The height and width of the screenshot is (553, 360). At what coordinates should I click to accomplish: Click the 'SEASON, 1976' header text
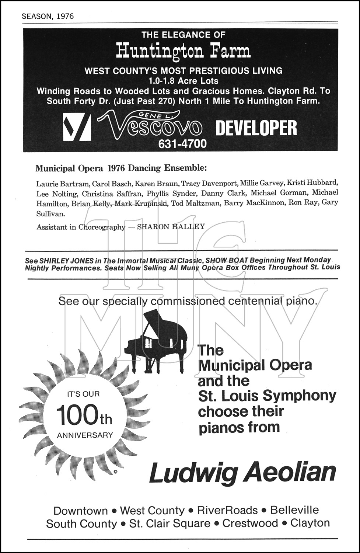[48, 16]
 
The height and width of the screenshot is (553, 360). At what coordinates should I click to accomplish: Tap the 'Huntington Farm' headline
[183, 51]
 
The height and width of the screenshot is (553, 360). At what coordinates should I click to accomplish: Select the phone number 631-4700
[182, 144]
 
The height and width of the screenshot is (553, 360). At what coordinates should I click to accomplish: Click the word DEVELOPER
[256, 128]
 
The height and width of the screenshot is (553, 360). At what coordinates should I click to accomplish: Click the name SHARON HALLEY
[171, 226]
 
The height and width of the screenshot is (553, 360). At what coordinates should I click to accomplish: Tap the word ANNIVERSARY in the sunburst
[85, 435]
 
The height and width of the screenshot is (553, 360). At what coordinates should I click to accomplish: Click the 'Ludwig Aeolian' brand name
[242, 472]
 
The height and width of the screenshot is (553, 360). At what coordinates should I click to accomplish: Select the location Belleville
[294, 510]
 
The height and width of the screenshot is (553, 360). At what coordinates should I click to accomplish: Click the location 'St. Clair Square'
[170, 524]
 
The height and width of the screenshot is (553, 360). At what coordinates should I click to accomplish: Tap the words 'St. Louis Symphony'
[267, 396]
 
